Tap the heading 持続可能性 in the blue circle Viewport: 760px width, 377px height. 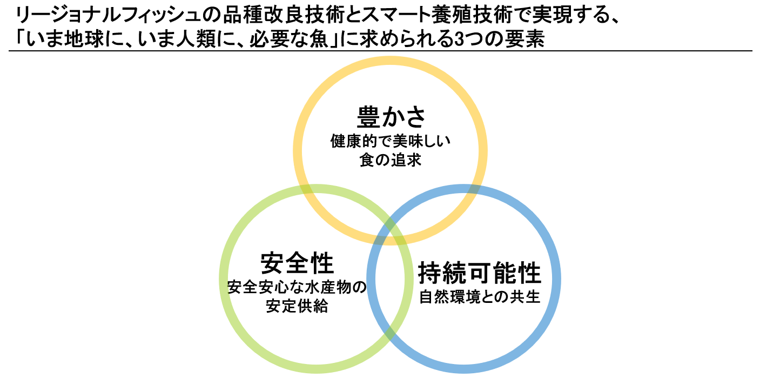(480, 274)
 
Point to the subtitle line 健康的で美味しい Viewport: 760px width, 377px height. (390, 143)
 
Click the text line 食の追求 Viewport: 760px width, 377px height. (390, 161)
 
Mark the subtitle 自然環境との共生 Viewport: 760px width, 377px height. (480, 297)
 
